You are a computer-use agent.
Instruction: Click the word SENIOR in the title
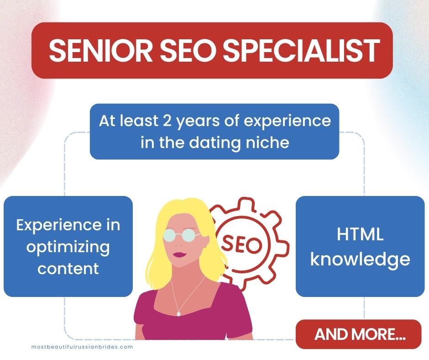pos(100,51)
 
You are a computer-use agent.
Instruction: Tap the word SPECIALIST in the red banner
pos(302,51)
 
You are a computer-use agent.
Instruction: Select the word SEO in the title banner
pos(188,51)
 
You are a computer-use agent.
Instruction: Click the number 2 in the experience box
pos(167,121)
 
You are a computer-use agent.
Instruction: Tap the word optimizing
pos(68,248)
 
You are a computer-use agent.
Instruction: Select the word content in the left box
pos(68,269)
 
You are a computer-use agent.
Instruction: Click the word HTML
pos(360,234)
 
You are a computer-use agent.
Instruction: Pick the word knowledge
pos(360,259)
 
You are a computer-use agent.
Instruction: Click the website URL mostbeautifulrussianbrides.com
pos(82,347)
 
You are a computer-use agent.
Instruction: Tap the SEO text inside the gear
pos(241,244)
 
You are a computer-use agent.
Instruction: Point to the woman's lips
pos(179,255)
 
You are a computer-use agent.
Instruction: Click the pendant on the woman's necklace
pos(178,314)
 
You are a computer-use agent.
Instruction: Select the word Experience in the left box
pos(58,226)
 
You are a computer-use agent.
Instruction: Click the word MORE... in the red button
pos(378,334)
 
